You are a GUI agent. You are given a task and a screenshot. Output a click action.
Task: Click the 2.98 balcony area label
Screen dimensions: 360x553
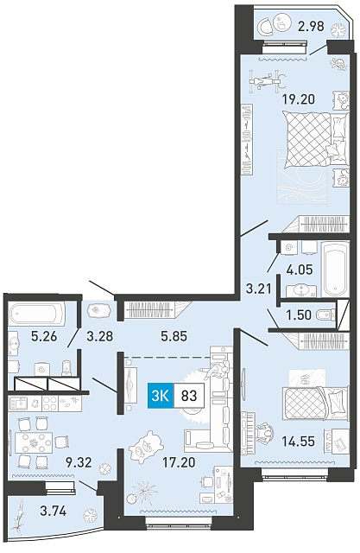[311, 26]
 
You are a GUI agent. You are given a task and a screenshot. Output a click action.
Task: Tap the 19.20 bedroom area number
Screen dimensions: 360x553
[298, 99]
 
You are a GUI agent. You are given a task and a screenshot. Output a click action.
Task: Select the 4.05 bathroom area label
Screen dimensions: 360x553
[300, 270]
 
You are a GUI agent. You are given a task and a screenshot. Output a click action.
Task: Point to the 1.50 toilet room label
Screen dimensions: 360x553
[299, 315]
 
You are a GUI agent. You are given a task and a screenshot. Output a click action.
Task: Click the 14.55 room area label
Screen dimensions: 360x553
[298, 442]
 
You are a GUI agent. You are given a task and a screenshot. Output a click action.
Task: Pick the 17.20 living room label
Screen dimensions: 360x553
[179, 462]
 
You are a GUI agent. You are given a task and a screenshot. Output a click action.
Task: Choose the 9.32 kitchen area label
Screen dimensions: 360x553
[79, 462]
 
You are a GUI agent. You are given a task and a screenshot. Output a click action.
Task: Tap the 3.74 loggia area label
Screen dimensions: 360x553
[54, 511]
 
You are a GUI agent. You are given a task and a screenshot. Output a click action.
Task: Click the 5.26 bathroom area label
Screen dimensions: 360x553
[44, 336]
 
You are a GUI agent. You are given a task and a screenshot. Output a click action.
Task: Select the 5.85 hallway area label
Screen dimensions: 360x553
[174, 336]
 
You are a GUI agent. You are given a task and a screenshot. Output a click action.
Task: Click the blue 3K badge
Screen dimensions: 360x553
[161, 396]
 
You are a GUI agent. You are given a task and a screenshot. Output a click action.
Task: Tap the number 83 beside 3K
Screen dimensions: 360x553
[189, 396]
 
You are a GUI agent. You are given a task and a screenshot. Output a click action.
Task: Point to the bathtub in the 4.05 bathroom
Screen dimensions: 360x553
[335, 269]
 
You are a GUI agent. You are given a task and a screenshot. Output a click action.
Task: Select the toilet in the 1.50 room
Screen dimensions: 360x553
[325, 315]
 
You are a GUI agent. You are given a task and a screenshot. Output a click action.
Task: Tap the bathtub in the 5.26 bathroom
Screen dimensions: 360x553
[37, 314]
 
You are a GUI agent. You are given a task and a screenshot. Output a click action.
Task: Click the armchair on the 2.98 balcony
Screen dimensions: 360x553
[264, 25]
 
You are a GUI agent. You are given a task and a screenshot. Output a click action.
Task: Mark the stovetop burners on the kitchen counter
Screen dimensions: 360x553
[50, 403]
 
